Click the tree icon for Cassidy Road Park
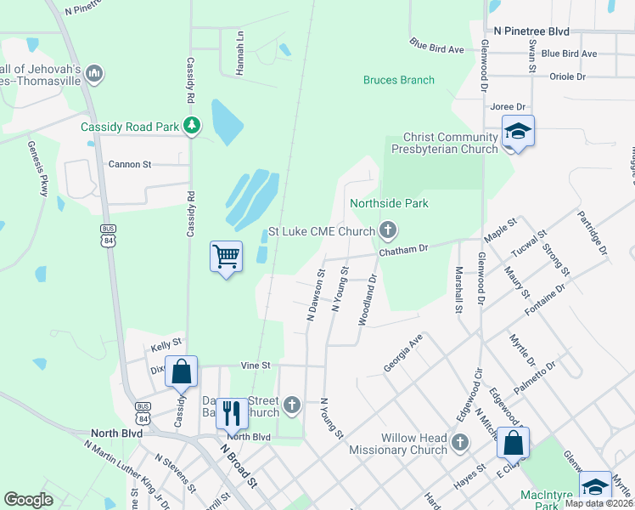193,127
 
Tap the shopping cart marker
226,256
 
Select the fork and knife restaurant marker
232,413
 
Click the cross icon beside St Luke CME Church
388,229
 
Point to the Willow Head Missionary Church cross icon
459,442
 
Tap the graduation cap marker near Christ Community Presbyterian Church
517,132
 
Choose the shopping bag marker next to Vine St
181,371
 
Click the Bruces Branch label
398,80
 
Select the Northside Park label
389,203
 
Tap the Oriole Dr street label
569,76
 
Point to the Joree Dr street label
508,108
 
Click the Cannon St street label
130,163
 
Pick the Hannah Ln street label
240,53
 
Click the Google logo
28,500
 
